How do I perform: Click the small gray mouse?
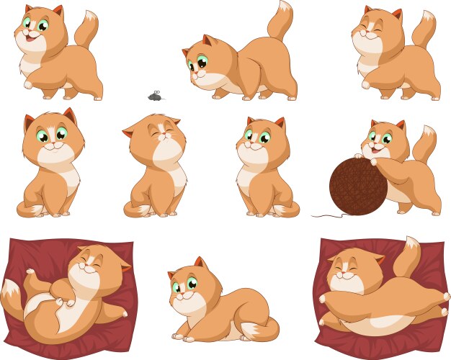(x=155, y=96)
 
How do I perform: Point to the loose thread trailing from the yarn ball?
(x=325, y=215)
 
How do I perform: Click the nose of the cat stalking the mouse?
(x=195, y=75)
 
